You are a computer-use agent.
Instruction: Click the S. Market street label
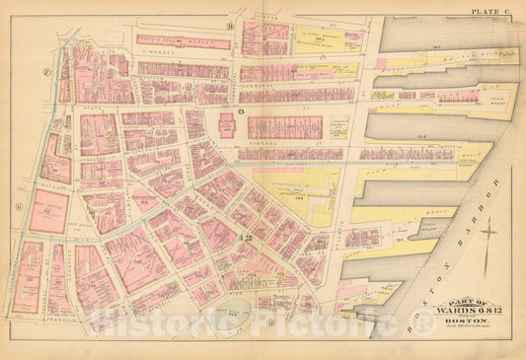click(158, 56)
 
